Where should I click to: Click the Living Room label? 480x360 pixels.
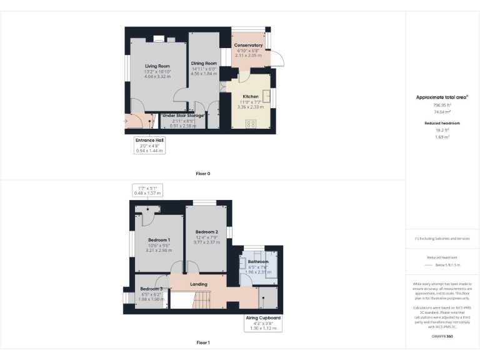coord(157,66)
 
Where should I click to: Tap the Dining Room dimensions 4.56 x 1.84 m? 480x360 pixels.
coord(204,74)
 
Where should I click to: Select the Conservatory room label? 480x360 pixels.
coord(248,46)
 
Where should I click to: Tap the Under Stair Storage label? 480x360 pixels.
coord(182,116)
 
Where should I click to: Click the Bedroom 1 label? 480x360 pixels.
coord(159,240)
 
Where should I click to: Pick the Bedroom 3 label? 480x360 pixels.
coord(151,288)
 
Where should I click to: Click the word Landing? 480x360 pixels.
coord(199,284)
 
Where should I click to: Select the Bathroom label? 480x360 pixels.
coord(257,261)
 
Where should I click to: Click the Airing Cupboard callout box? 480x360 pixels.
coord(262,322)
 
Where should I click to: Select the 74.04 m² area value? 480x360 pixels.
coord(442,111)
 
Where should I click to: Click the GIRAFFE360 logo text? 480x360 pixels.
coord(442,337)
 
